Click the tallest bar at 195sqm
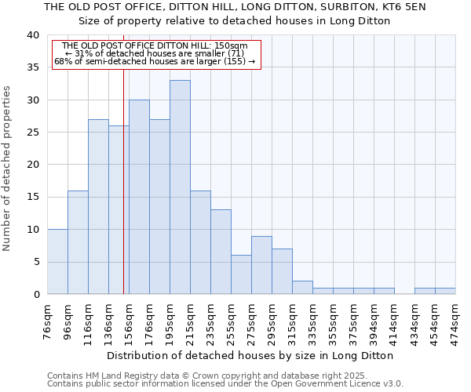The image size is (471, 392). (180, 187)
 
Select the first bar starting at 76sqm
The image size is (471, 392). (57, 262)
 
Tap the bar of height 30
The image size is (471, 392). (139, 197)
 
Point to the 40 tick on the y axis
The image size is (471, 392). (32, 35)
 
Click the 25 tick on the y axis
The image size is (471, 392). (32, 132)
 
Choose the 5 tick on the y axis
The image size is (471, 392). (35, 262)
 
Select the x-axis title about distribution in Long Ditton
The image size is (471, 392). (250, 355)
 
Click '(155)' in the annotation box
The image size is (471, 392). (235, 61)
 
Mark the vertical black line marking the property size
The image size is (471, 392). (123, 180)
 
